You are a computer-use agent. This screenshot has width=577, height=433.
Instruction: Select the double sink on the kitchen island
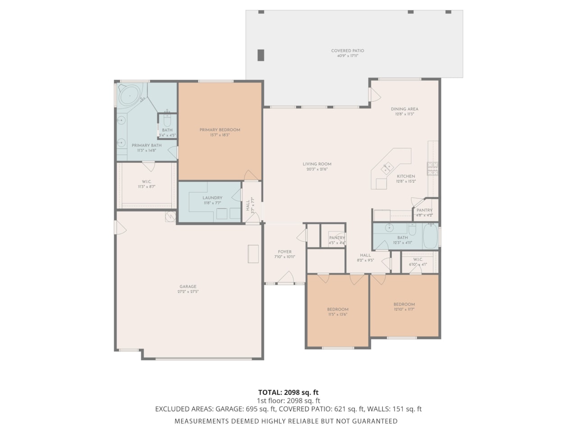coord(386,168)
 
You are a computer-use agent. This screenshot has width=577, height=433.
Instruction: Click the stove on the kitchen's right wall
coord(432,168)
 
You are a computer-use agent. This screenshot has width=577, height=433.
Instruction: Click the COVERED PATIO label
coord(347,51)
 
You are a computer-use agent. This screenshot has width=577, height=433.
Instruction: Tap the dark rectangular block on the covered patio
coord(261,55)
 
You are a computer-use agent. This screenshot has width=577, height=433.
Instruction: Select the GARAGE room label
coord(188,286)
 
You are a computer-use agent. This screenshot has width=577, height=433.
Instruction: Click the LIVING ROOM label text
coord(317,164)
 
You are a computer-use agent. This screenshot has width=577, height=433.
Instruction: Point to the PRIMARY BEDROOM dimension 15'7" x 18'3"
coord(220,135)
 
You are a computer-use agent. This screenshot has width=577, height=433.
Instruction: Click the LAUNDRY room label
coord(212,198)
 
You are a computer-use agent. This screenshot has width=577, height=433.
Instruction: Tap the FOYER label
coord(284,252)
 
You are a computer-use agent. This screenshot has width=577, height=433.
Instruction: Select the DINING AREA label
coord(404,109)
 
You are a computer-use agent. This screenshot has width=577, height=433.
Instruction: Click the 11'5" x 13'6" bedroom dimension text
coord(338,314)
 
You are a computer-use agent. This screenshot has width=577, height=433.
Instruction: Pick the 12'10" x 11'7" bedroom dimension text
coord(404,309)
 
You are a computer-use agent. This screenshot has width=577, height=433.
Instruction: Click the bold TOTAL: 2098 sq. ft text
coord(288,392)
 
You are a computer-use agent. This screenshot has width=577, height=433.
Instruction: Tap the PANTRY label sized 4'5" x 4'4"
coord(337,238)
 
